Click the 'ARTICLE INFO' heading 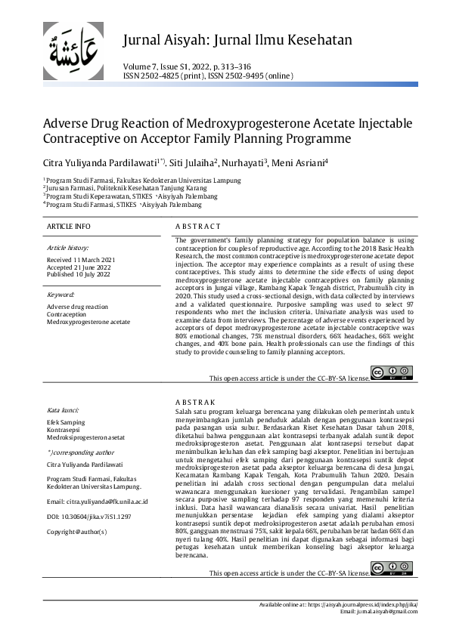tap(69, 226)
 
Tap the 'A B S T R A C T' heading tap(197, 226)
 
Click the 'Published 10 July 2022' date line tap(79, 273)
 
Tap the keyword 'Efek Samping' tap(65, 422)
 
